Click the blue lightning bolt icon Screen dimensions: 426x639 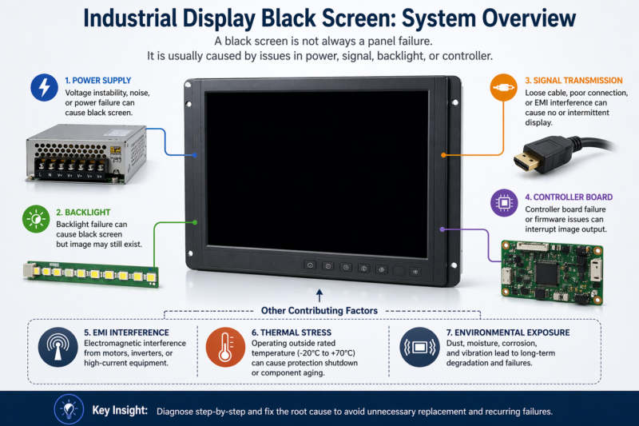click(42, 89)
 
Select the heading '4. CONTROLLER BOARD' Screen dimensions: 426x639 click(569, 197)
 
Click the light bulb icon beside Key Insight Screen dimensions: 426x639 click(68, 409)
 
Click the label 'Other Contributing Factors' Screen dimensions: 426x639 click(319, 310)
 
